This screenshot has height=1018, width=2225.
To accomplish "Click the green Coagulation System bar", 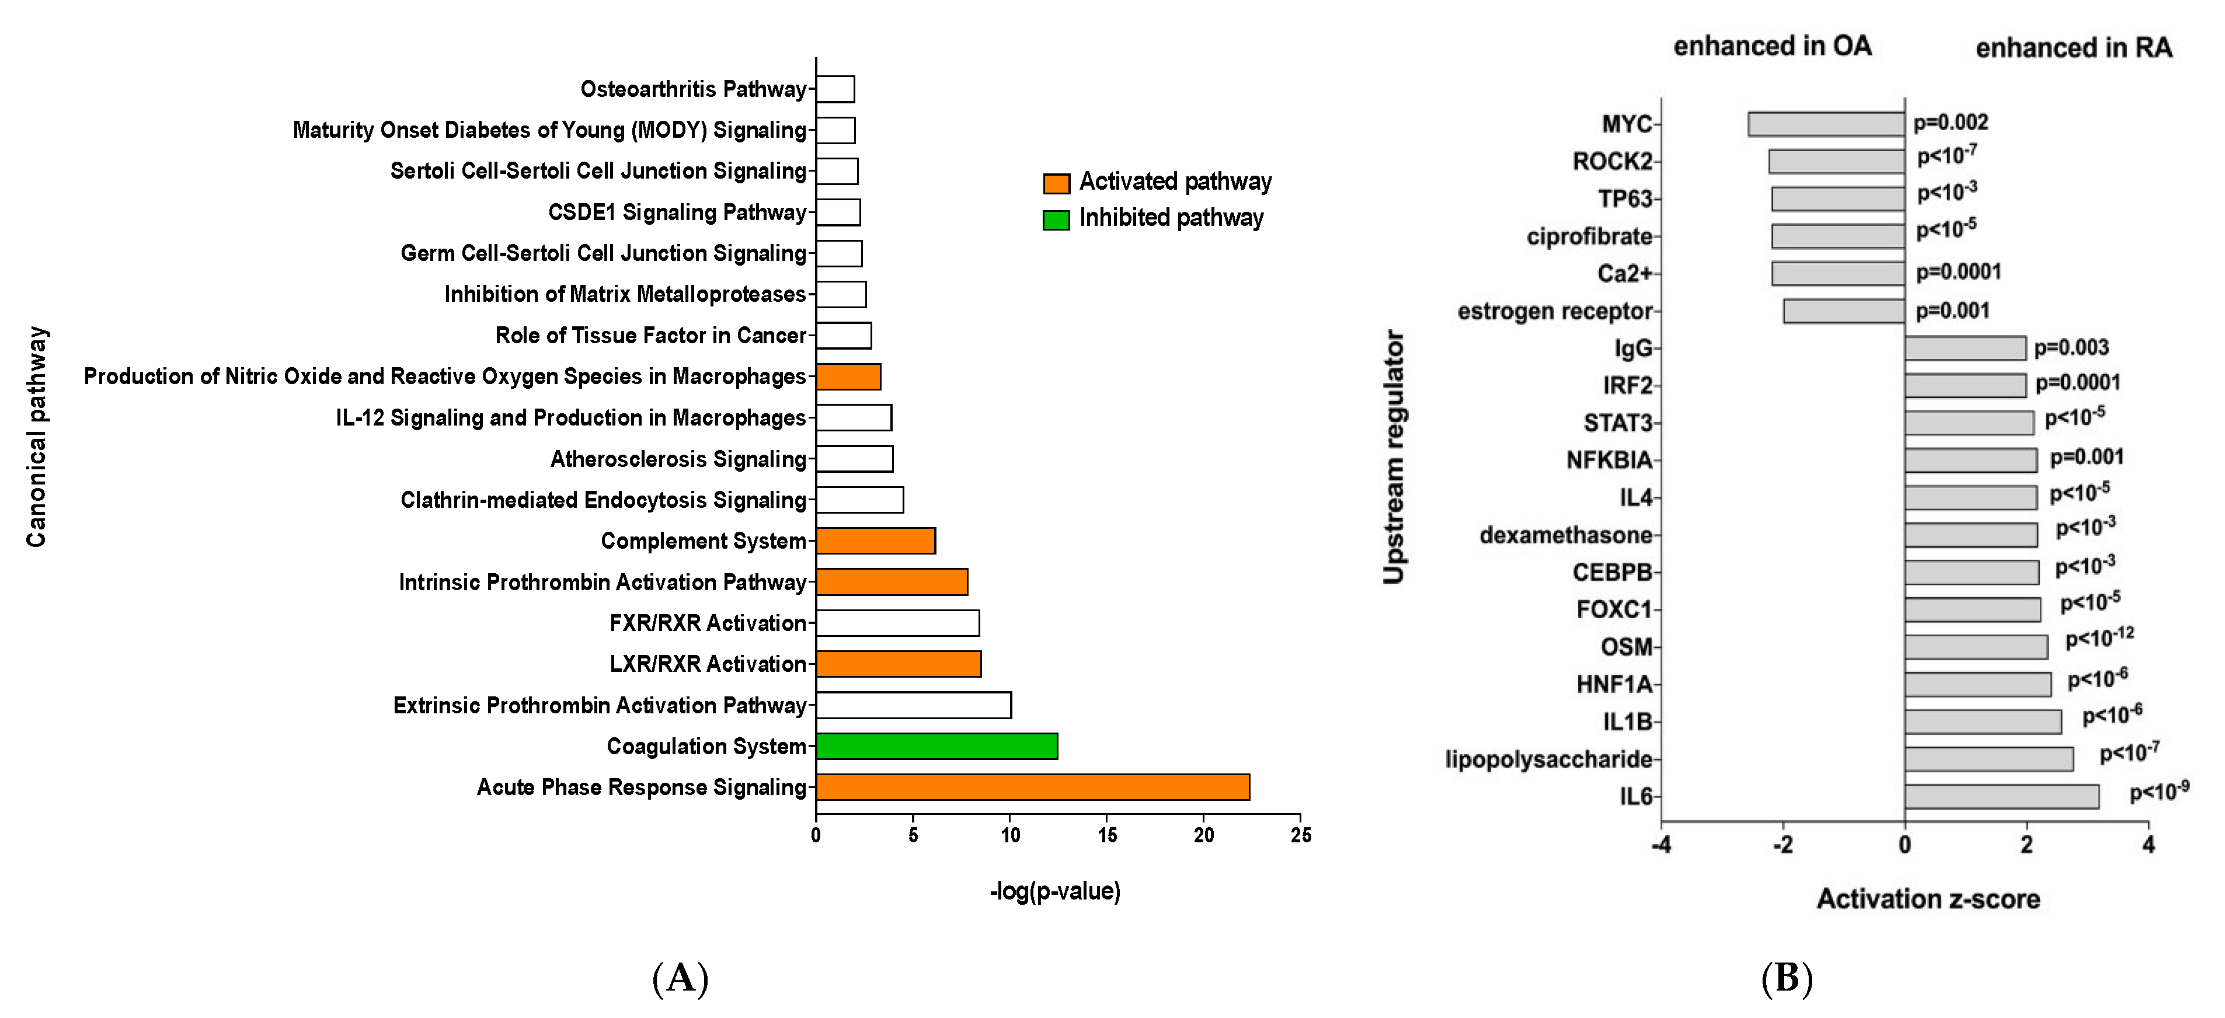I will (936, 746).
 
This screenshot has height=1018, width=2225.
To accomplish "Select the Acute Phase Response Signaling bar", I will (1032, 787).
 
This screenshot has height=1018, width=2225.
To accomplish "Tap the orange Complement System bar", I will (875, 541).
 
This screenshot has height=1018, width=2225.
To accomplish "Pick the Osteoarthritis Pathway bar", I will (835, 89).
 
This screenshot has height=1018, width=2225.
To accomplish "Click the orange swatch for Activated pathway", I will (1056, 183).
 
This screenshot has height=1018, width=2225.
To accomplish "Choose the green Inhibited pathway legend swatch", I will (1056, 219).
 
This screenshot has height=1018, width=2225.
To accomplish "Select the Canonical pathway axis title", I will (36, 436).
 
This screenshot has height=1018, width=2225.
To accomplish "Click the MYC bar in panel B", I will (1826, 124).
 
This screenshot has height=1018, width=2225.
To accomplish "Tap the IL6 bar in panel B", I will (2001, 796).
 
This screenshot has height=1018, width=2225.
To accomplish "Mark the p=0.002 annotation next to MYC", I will (1951, 123).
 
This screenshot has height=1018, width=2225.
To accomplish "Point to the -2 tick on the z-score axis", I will (1783, 845).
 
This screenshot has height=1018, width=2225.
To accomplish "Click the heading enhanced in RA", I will (2073, 47).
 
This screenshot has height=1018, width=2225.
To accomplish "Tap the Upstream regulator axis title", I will (1393, 457).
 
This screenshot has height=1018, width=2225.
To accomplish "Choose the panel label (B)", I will (1786, 978).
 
